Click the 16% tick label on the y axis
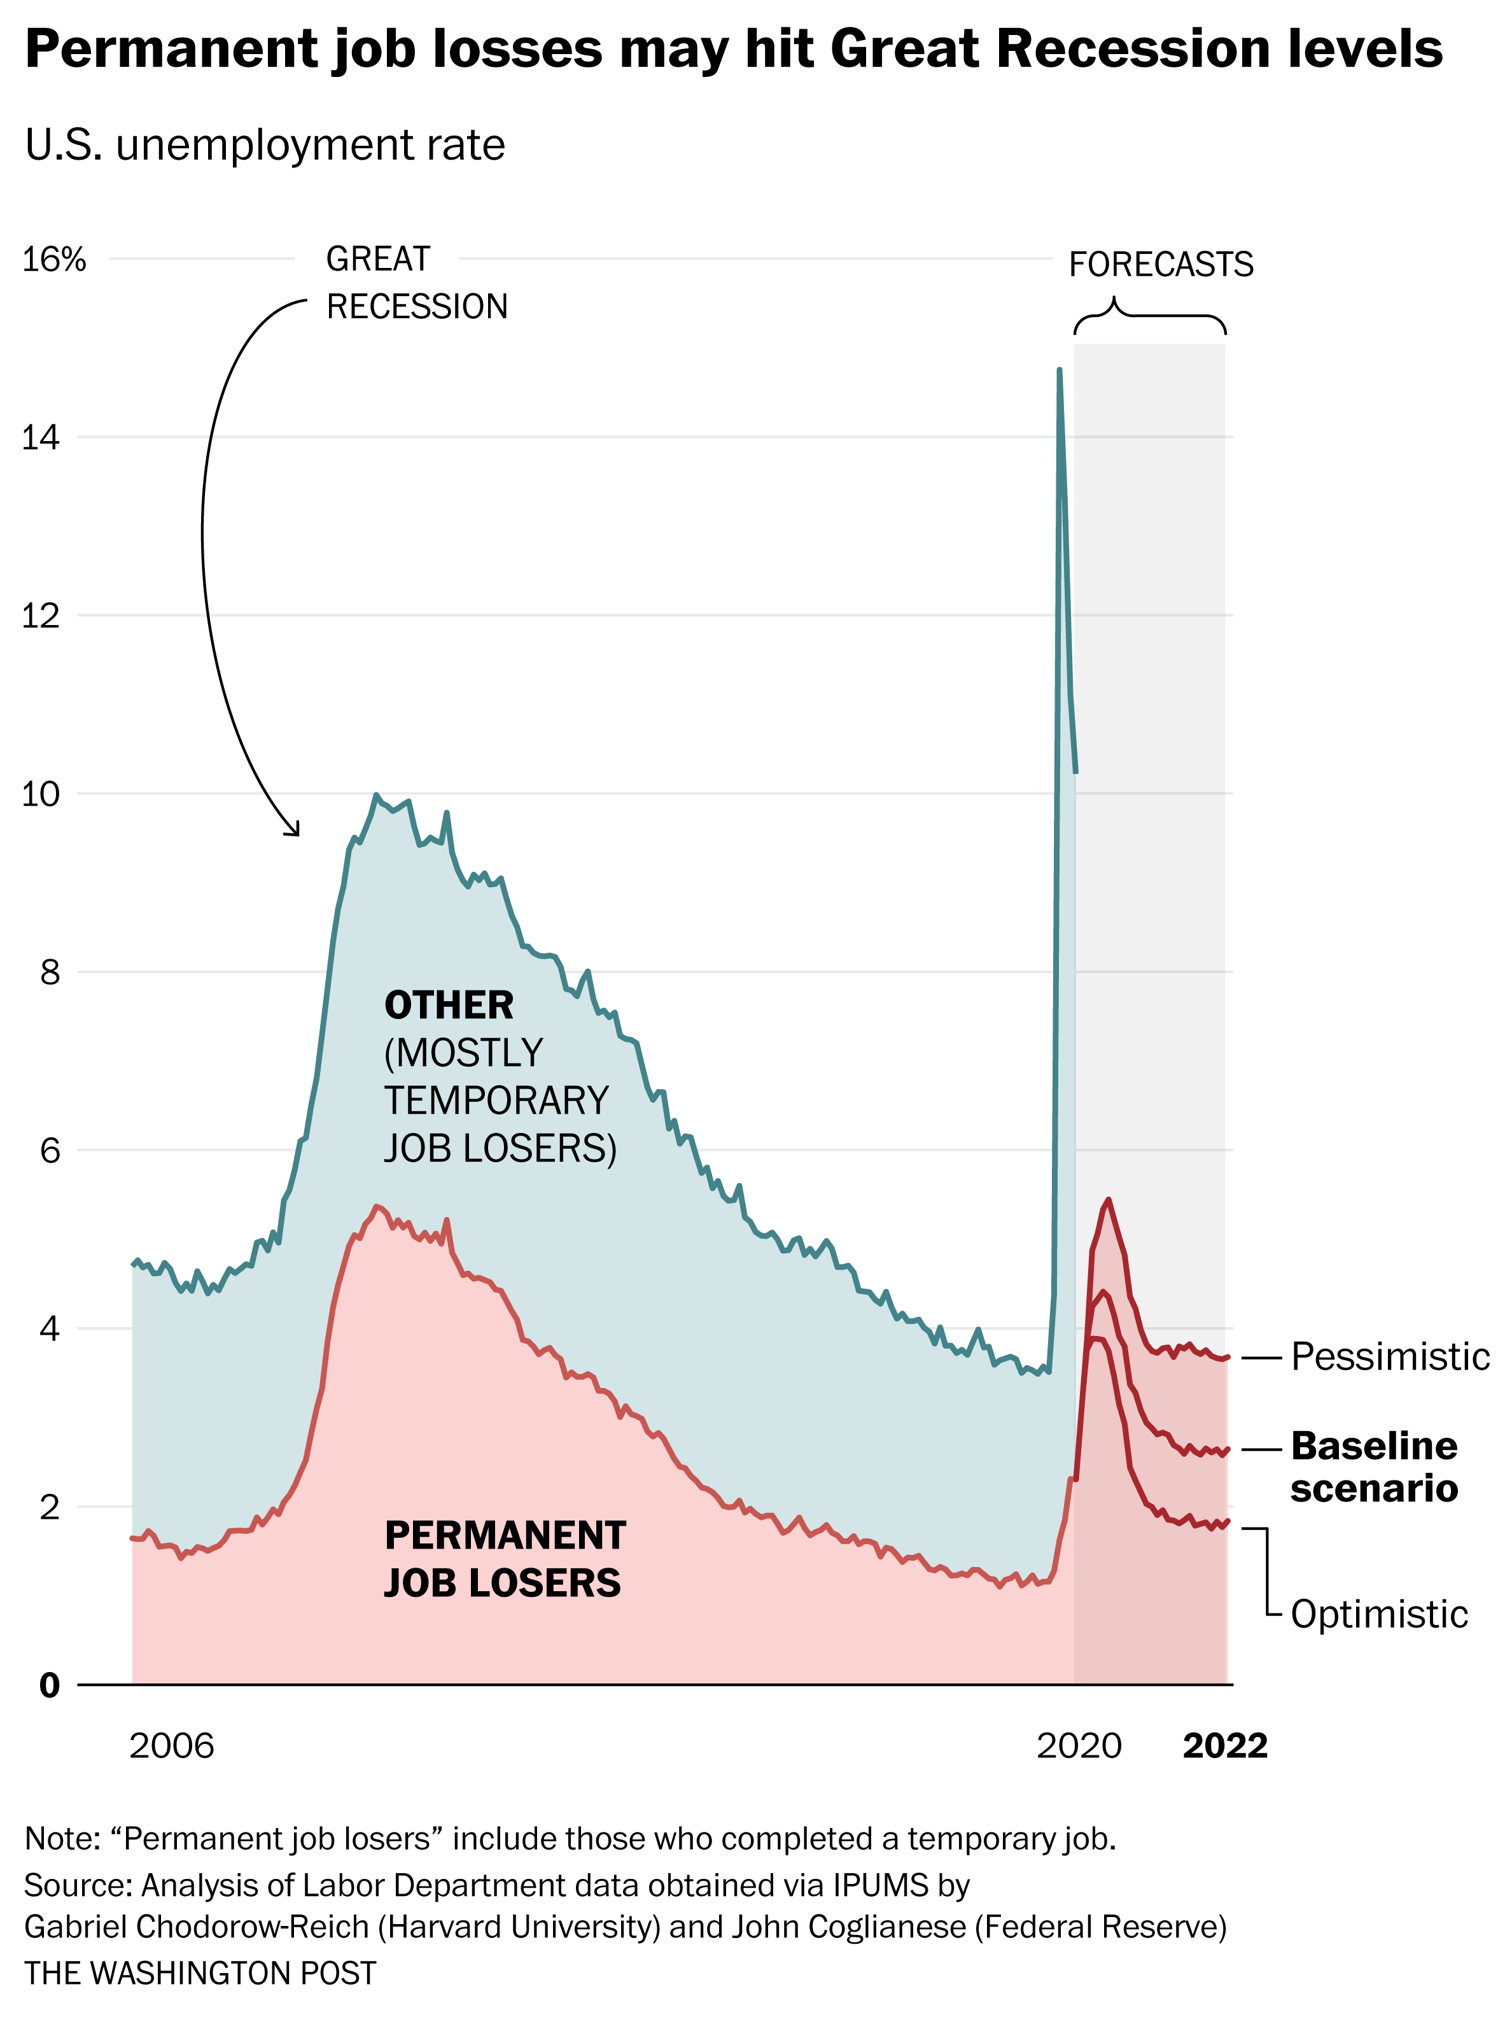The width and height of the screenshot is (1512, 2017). (x=54, y=260)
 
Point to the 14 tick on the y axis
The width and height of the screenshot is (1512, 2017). (x=40, y=438)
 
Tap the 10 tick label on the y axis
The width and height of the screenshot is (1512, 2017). (x=40, y=794)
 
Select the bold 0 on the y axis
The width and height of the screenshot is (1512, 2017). (x=49, y=1685)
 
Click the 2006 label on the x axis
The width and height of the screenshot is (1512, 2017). (x=171, y=1745)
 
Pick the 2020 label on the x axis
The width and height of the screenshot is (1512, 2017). (x=1079, y=1745)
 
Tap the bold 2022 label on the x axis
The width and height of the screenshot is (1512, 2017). (x=1225, y=1745)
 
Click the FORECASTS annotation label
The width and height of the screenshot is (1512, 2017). (x=1161, y=264)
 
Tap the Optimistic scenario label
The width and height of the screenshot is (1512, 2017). (x=1379, y=1615)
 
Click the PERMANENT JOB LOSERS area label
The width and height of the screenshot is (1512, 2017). (x=504, y=1559)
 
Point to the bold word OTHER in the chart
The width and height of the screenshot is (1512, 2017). (x=449, y=1006)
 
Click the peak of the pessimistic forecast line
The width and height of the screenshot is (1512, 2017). (x=1107, y=1200)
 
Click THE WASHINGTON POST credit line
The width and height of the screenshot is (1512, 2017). (x=200, y=1973)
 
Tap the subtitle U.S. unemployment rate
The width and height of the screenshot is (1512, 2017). (x=265, y=146)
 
